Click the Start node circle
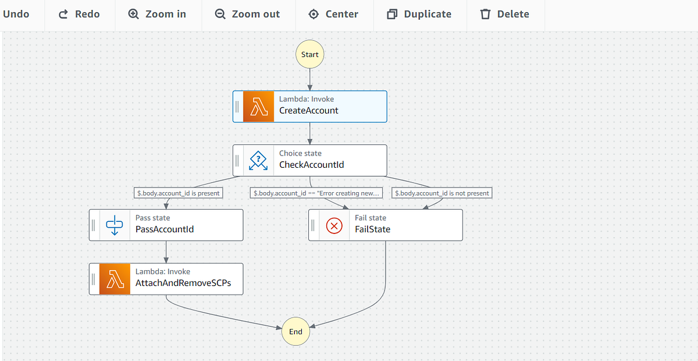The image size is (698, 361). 309,54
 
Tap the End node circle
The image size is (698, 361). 295,331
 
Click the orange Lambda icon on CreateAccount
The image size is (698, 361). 258,107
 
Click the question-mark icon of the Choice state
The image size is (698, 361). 258,161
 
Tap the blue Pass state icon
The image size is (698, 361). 115,225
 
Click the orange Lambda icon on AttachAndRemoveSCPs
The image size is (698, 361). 115,279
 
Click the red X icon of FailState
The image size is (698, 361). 334,225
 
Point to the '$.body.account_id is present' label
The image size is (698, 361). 179,193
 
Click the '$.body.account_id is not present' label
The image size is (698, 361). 441,193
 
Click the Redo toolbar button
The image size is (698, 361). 79,14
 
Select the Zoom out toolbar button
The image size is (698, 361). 247,14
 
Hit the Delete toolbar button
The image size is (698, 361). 505,14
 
